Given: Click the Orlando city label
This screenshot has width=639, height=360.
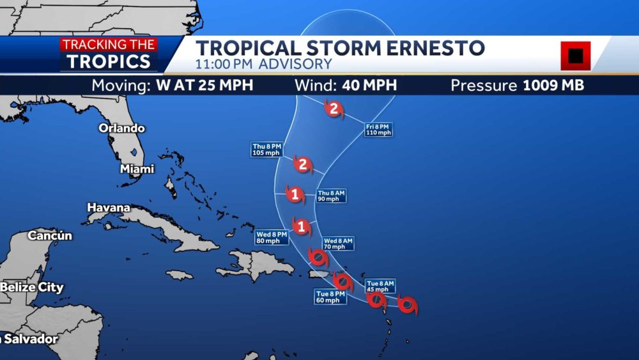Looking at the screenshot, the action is [121, 128].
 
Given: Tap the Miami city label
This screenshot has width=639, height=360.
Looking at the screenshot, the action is [137, 169].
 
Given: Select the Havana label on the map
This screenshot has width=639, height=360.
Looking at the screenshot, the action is [109, 208].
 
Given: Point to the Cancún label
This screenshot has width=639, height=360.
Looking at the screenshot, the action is [50, 236].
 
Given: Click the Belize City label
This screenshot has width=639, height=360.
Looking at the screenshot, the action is [32, 287].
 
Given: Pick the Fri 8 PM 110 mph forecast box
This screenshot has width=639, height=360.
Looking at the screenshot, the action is [378, 130].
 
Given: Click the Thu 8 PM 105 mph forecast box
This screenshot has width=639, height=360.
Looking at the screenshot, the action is [266, 150].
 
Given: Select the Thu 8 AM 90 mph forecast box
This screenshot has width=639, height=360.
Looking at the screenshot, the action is [332, 196].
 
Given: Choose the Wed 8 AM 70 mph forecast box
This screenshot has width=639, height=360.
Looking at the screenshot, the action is [337, 244].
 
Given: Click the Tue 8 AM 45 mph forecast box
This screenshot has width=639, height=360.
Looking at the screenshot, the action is [380, 286].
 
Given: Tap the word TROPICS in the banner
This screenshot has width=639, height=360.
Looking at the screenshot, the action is [109, 61].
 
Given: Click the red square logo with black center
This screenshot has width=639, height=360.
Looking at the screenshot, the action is [575, 56].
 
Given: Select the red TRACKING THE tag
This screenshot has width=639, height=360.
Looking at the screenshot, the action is [109, 45].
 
